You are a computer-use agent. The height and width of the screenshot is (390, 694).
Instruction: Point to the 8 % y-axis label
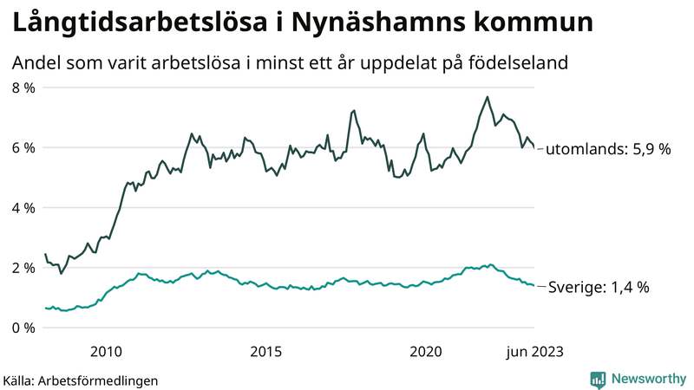[23, 88]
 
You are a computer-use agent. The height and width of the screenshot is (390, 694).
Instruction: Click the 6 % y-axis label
[23, 148]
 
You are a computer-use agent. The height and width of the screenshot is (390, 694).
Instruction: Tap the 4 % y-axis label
[23, 208]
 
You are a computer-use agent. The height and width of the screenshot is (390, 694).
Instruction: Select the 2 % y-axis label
[23, 268]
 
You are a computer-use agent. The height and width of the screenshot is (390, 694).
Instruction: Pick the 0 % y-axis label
[23, 328]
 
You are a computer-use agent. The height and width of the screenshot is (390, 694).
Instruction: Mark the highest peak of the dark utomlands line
[488, 97]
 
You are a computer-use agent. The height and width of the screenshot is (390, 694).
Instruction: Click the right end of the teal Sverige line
[534, 285]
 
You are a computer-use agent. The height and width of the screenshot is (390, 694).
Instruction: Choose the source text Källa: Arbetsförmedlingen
[81, 380]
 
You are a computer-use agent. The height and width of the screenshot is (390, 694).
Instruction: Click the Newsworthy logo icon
[598, 379]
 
